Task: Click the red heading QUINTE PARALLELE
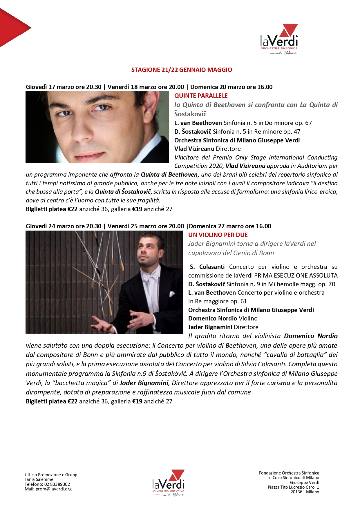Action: click(x=201, y=96)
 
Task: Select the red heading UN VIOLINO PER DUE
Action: click(x=218, y=235)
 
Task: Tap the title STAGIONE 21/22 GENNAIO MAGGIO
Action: click(x=182, y=70)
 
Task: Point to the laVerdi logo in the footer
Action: click(x=168, y=483)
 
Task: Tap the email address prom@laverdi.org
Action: click(x=54, y=489)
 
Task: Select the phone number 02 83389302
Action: click(x=57, y=484)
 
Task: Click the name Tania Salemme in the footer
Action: click(x=39, y=479)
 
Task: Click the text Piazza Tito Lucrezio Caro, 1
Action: click(x=293, y=487)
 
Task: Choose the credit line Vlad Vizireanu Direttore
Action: click(x=207, y=149)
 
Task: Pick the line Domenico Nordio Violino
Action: click(x=223, y=318)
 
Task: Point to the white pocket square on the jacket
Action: click(x=172, y=293)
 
